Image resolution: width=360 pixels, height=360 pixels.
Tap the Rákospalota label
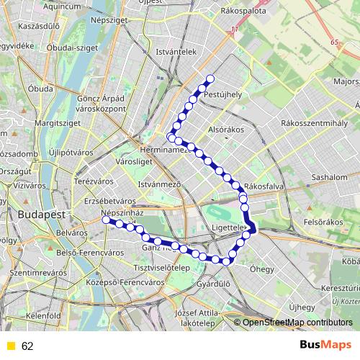pyautogui.click(x=244, y=12)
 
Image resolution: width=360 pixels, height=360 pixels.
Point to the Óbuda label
pyautogui.click(x=40, y=89)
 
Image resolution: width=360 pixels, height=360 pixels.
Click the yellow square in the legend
pyautogui.click(x=10, y=346)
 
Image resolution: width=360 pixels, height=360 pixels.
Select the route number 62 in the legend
pyautogui.click(x=27, y=346)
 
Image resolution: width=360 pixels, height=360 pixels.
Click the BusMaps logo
pyautogui.click(x=325, y=346)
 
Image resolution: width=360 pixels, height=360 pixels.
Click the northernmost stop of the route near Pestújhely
pyautogui.click(x=210, y=79)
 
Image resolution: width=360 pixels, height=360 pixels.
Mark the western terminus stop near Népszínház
pyautogui.click(x=106, y=220)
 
